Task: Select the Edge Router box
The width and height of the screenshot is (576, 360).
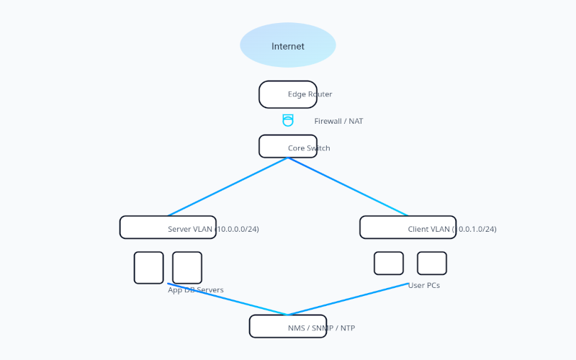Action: tap(288, 94)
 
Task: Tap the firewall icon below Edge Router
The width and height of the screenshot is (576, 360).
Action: tap(288, 120)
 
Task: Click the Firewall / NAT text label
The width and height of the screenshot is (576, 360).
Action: tap(338, 122)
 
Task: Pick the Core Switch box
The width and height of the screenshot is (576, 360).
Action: tap(288, 146)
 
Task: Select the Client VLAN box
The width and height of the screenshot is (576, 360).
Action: tap(408, 227)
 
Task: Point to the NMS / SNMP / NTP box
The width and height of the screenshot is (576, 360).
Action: tap(288, 326)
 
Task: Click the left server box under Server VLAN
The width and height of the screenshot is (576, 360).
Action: tap(149, 268)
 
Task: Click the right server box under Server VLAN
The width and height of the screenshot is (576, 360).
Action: tap(187, 268)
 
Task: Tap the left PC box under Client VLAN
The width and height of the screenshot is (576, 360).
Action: tap(389, 263)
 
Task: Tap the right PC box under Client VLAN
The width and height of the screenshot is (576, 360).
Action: tap(432, 263)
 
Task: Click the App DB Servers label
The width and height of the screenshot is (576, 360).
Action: tap(196, 290)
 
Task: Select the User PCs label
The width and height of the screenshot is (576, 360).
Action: tap(424, 286)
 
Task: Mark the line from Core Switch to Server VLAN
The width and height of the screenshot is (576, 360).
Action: tap(228, 186)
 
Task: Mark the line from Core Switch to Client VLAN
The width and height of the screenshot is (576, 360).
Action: tap(348, 186)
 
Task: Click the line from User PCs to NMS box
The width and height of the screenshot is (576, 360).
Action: tap(348, 299)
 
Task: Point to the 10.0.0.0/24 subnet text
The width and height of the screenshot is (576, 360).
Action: tap(237, 230)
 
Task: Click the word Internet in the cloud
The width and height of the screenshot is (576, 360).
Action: tap(288, 47)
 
